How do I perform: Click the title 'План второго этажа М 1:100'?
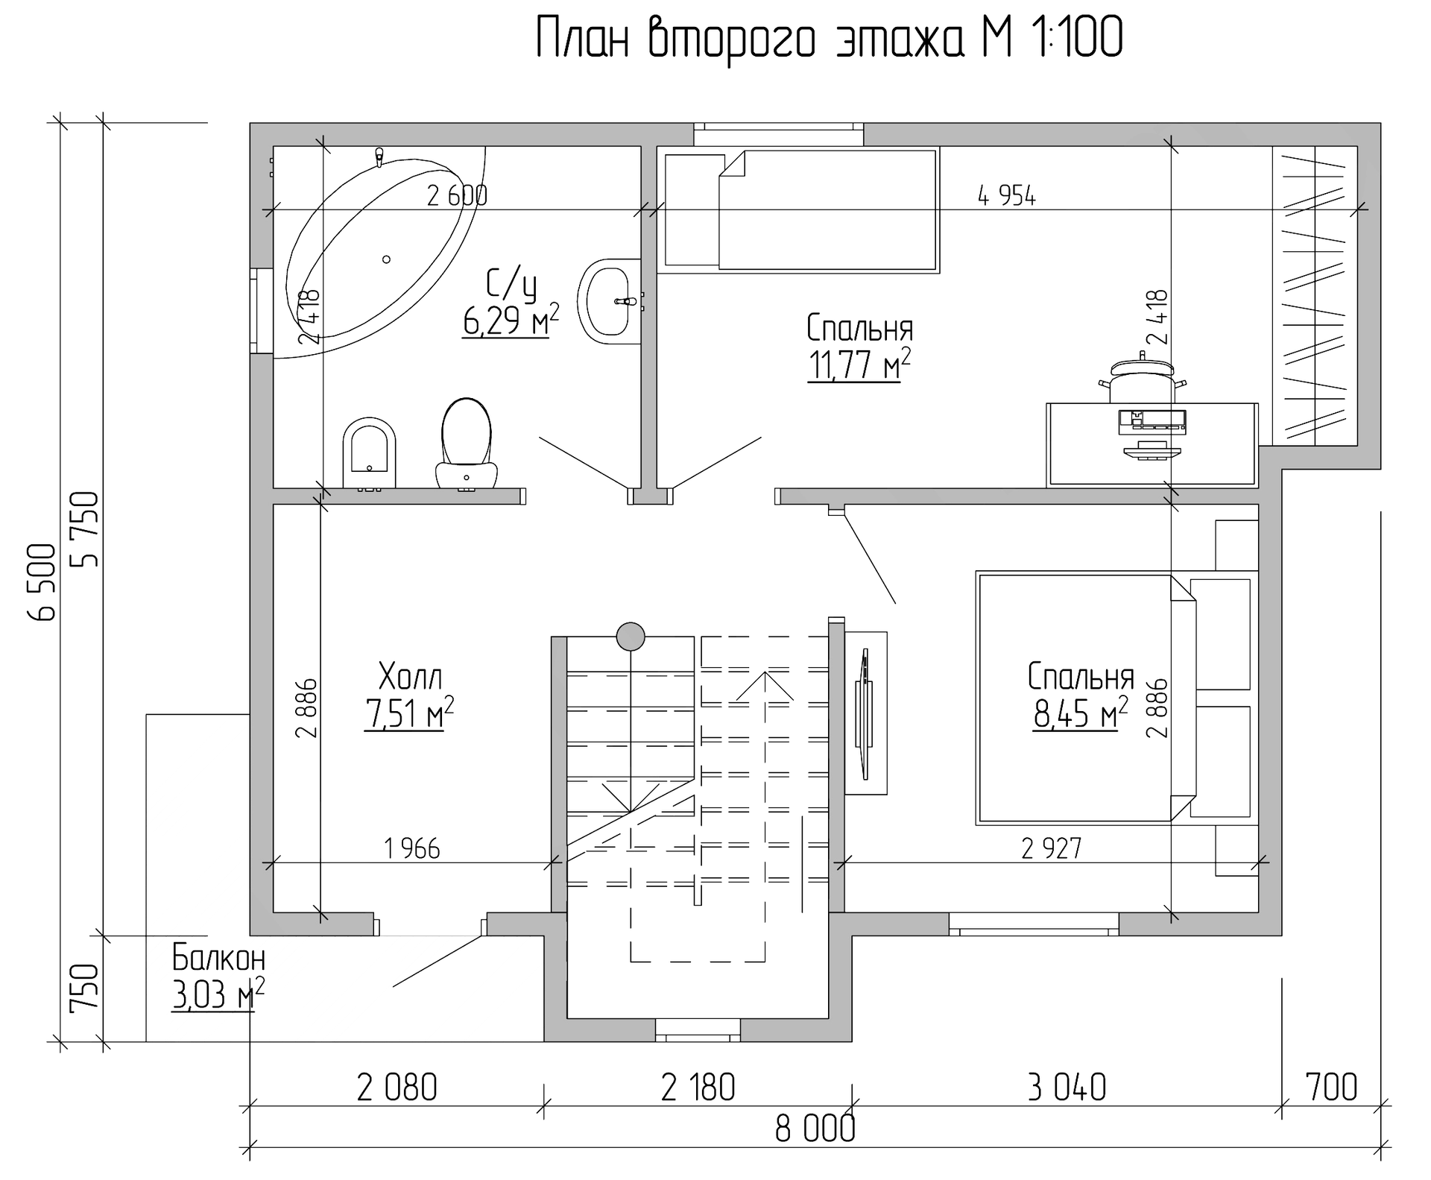830,38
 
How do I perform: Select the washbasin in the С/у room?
610,301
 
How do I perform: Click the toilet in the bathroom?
467,444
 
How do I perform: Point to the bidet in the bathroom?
369,453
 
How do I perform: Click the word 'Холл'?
410,678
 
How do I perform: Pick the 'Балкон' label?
218,957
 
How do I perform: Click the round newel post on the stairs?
631,636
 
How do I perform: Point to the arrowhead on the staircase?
765,686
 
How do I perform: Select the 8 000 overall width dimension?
815,1129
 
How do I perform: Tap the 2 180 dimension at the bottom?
698,1088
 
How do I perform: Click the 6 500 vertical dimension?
42,582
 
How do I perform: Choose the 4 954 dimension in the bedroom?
1007,197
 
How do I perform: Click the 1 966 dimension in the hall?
412,848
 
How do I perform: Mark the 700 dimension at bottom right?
1332,1088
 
